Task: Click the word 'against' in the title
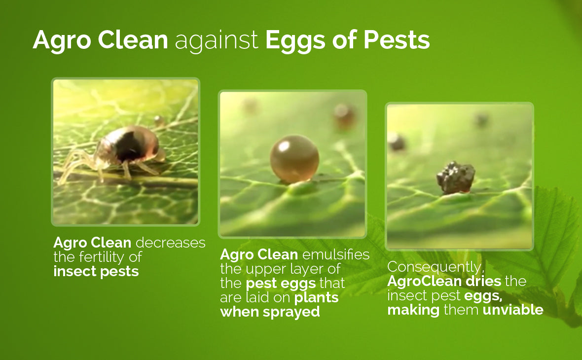coord(216,40)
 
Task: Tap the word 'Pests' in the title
coord(397,40)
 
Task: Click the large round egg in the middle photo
coord(294,159)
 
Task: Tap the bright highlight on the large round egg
coord(284,146)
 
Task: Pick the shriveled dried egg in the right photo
coord(455,178)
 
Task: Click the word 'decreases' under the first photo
coord(170,243)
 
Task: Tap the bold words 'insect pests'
coord(96,271)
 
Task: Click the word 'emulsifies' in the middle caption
coord(335,254)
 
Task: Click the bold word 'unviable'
coord(513,310)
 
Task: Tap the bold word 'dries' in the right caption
coord(484,281)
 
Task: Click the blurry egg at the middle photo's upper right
coord(344,116)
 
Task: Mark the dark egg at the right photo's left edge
coord(396,143)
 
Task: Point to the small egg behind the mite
coord(159,120)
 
